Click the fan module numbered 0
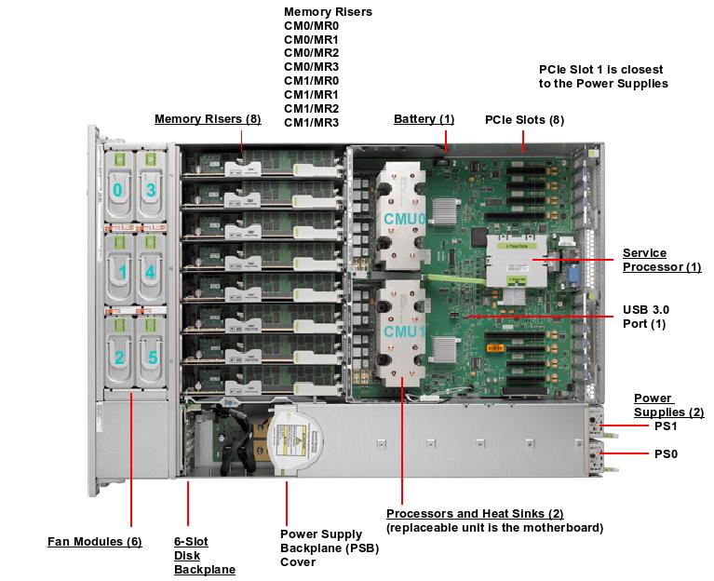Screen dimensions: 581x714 click(117, 190)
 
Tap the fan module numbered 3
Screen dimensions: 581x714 click(150, 190)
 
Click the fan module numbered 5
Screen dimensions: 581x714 click(150, 357)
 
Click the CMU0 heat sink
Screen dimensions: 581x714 click(402, 216)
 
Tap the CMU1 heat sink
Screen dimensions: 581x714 click(402, 331)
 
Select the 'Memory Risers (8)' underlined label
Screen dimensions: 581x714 click(208, 119)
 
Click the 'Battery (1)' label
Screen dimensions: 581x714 click(424, 119)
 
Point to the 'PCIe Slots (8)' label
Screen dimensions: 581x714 click(524, 120)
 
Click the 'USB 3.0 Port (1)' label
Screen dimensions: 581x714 click(645, 317)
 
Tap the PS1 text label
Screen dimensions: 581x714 click(667, 426)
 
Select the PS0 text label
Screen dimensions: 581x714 click(667, 454)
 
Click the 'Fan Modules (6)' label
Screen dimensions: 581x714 click(94, 541)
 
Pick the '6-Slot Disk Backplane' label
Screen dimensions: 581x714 click(204, 555)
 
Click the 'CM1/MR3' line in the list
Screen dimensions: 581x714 click(311, 123)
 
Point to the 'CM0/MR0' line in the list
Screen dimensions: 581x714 click(311, 26)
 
